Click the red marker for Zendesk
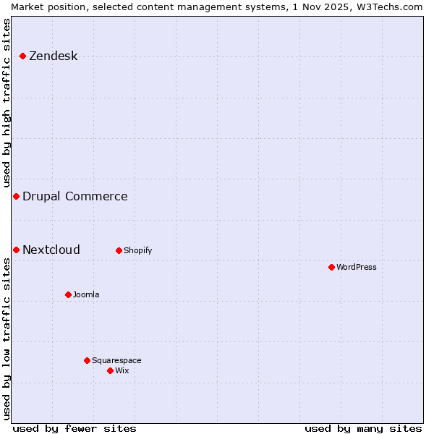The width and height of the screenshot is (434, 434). (x=22, y=56)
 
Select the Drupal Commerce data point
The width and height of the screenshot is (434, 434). (x=16, y=196)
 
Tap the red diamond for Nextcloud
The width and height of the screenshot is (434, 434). (x=16, y=250)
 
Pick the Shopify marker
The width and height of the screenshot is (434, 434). (x=119, y=250)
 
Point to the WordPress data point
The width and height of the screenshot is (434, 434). (x=331, y=267)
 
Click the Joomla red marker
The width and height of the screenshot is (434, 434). (x=68, y=294)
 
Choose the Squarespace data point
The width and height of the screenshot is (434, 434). (x=87, y=360)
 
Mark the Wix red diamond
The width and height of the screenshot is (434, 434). (x=110, y=370)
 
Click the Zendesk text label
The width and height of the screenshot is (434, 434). (x=53, y=56)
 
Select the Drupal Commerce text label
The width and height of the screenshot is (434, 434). (x=75, y=196)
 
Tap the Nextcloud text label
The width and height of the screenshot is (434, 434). (x=51, y=250)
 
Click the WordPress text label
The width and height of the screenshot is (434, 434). (x=356, y=267)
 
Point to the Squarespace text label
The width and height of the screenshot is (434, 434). (x=116, y=360)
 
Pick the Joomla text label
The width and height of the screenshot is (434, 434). (x=86, y=294)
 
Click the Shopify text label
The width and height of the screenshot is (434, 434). (x=137, y=250)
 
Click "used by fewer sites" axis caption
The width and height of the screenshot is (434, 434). (x=75, y=428)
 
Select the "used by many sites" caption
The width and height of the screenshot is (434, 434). (x=363, y=428)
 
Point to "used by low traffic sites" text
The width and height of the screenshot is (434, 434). (x=7, y=339)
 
